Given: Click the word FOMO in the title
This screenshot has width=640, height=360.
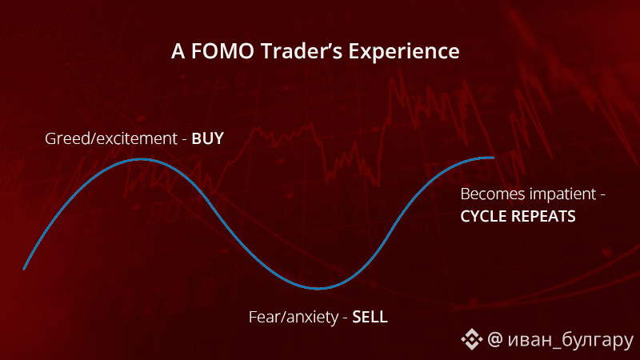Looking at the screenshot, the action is click(222, 51).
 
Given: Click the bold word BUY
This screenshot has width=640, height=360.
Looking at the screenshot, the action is click(208, 138).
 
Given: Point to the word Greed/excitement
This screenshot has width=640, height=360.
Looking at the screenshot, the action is click(111, 138).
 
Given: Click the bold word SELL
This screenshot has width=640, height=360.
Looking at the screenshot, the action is click(370, 317).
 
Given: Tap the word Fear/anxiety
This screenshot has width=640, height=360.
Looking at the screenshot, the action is click(294, 318).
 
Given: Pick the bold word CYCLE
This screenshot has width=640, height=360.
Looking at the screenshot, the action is click(484, 216).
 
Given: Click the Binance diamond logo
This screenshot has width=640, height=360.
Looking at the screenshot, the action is click(472, 339).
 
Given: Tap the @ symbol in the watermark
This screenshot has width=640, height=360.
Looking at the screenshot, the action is click(495, 339).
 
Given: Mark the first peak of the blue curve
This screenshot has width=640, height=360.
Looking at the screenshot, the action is click(141, 159).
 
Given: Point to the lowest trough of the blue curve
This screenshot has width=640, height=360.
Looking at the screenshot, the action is click(318, 288).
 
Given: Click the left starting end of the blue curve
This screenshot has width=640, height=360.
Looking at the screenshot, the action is click(24, 269).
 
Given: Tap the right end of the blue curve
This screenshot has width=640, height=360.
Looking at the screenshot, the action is click(493, 157).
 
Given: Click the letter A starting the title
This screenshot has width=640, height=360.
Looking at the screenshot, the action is click(178, 51).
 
